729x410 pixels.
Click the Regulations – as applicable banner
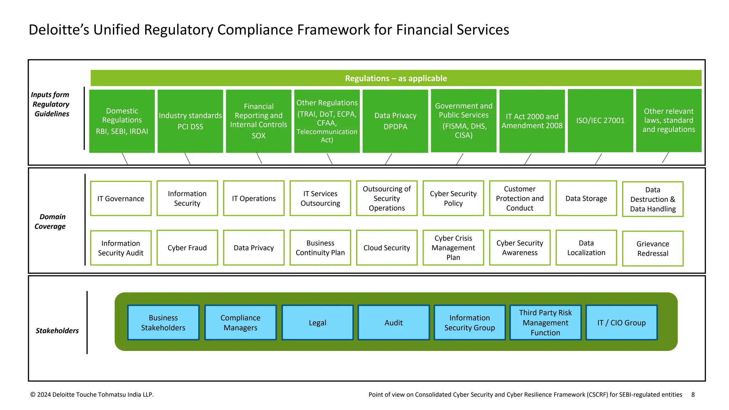pyautogui.click(x=396, y=78)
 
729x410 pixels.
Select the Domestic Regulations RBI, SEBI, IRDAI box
pyautogui.click(x=122, y=121)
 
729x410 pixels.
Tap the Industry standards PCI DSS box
pyautogui.click(x=190, y=121)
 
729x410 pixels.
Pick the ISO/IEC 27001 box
pyautogui.click(x=600, y=121)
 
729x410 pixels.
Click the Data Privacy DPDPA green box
pyautogui.click(x=395, y=121)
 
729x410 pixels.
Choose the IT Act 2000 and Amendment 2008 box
pyautogui.click(x=532, y=121)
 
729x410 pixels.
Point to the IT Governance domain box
pyautogui.click(x=121, y=198)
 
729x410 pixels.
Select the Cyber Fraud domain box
pyautogui.click(x=187, y=248)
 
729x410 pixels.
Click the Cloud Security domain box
pyautogui.click(x=387, y=248)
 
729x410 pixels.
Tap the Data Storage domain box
pyautogui.click(x=586, y=198)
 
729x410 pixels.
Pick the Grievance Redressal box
pyautogui.click(x=652, y=248)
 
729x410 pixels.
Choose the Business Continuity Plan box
pyautogui.click(x=320, y=248)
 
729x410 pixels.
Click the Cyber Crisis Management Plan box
pyautogui.click(x=453, y=248)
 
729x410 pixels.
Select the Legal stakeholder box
pyautogui.click(x=317, y=322)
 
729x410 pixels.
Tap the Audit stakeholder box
pyautogui.click(x=393, y=322)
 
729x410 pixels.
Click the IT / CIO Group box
pyautogui.click(x=621, y=322)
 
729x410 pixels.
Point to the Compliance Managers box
pyautogui.click(x=240, y=322)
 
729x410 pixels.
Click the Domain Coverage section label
pyautogui.click(x=51, y=221)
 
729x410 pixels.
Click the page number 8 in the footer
pyautogui.click(x=693, y=394)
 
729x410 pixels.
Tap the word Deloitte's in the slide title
pyautogui.click(x=59, y=30)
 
